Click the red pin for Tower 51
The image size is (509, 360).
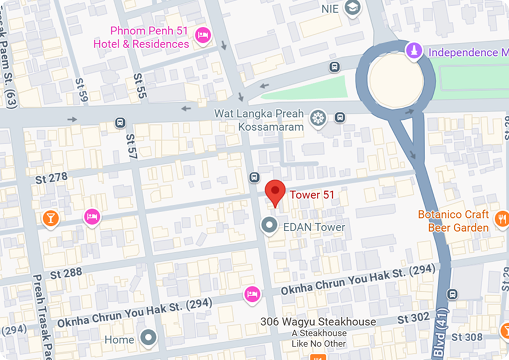276,191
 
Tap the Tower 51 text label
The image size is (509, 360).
312,195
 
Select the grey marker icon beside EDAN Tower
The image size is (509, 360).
269,226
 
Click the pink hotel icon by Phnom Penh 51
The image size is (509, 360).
202,36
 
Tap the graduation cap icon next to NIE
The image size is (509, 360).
354,9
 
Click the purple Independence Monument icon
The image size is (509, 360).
414,52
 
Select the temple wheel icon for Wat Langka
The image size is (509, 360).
317,119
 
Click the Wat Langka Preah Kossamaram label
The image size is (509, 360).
259,120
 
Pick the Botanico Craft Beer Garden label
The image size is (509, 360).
454,221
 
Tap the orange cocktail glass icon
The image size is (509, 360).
51,218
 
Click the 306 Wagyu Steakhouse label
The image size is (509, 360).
318,322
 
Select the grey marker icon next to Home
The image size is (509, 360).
149,339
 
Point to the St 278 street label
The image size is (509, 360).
51,178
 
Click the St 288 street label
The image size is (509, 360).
66,273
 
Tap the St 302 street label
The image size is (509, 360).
413,318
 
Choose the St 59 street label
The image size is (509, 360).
82,90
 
